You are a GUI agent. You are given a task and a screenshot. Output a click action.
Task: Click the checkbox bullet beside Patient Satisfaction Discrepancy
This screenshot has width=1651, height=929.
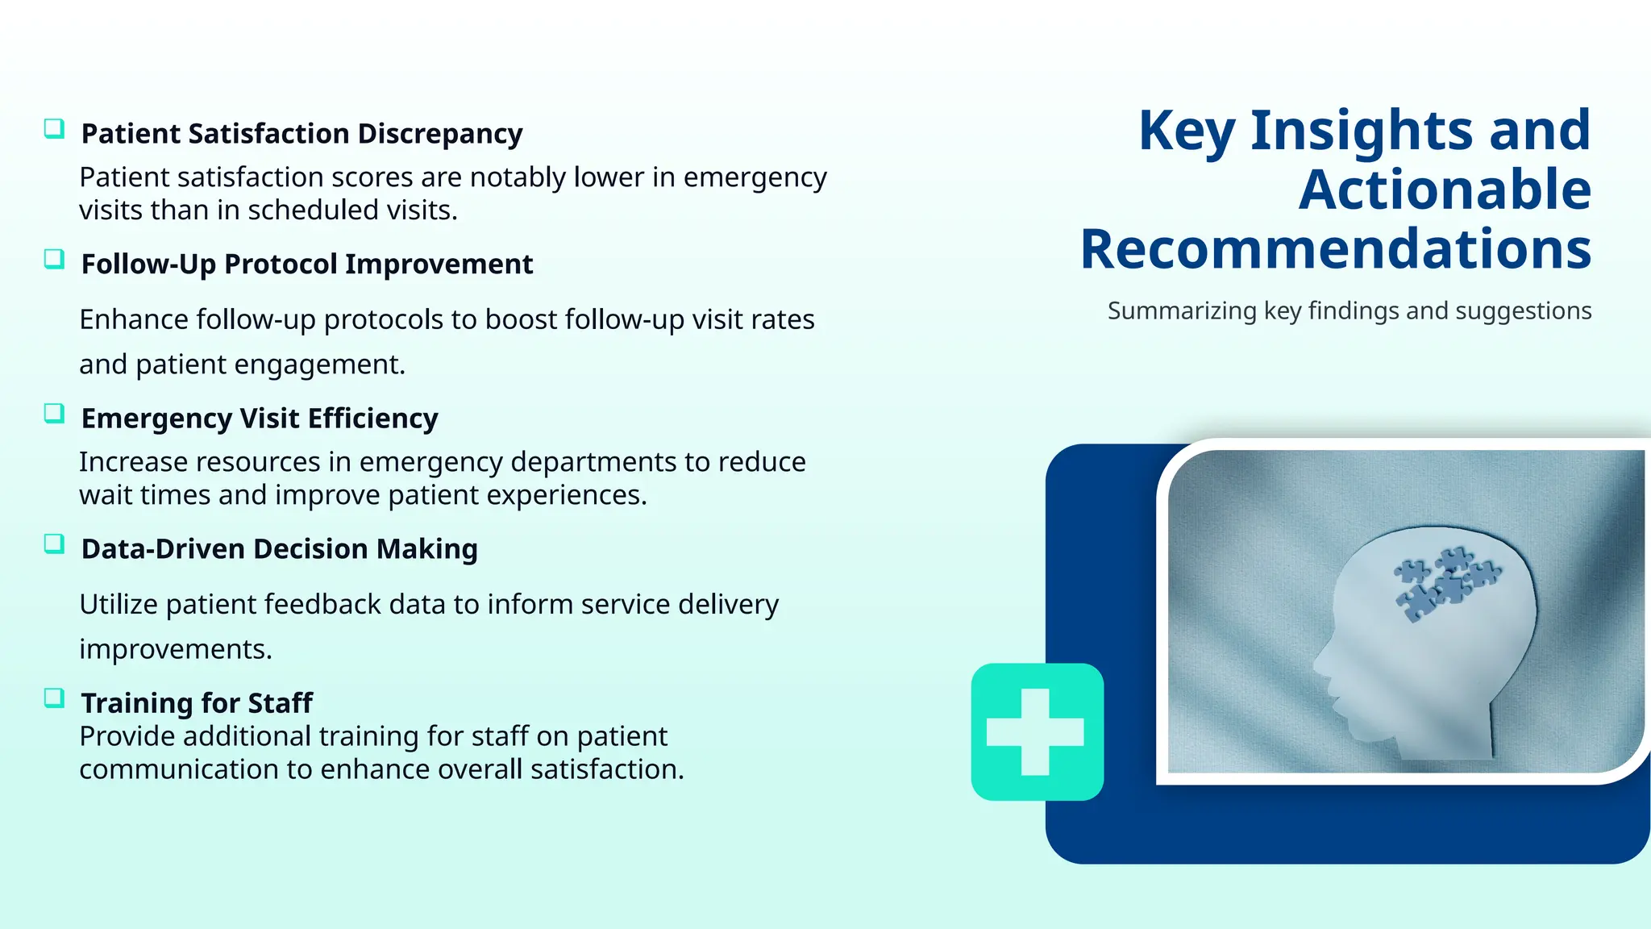point(54,129)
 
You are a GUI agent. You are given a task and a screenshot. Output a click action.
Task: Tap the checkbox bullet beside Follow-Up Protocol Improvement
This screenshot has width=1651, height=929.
point(54,260)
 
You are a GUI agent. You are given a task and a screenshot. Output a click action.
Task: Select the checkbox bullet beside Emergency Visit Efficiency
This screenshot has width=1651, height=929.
point(54,414)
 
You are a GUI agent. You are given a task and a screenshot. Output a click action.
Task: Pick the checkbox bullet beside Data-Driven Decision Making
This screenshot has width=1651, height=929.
point(54,544)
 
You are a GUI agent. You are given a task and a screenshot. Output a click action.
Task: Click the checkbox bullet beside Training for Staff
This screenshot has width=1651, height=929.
point(54,698)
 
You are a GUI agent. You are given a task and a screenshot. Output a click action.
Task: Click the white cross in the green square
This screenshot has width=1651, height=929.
point(1036,731)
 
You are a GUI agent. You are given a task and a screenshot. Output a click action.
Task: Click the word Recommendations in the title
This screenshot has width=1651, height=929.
point(1336,249)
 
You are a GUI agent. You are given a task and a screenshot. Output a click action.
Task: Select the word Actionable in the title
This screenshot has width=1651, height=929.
point(1445,190)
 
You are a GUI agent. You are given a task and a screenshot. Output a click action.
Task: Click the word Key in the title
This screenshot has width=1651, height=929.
point(1187,131)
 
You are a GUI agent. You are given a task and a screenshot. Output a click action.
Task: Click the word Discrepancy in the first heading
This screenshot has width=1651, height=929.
point(440,134)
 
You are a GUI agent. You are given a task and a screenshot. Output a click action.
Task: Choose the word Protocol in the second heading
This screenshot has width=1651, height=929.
point(281,265)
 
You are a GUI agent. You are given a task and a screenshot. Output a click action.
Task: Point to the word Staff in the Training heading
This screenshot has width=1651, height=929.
point(280,703)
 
